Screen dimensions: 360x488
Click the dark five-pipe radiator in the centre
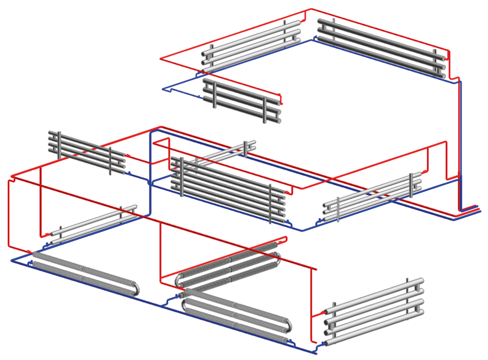pos(229,187)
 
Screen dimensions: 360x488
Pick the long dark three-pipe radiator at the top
pos(380,49)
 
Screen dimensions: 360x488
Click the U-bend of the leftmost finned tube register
pos(136,289)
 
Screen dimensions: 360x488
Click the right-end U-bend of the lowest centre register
pos(287,329)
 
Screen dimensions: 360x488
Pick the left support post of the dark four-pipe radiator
pos(59,144)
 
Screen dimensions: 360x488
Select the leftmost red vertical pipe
pos(8,212)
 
